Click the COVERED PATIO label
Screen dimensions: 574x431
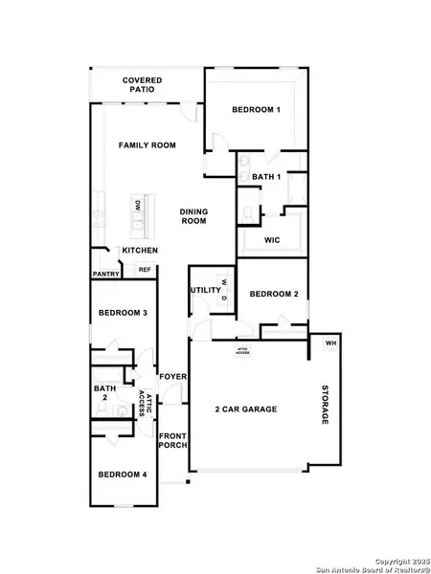pos(142,84)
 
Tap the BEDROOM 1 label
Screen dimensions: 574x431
pos(256,110)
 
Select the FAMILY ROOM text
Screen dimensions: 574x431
pos(147,145)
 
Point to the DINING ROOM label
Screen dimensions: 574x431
pos(194,216)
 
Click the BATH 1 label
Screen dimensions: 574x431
pos(266,177)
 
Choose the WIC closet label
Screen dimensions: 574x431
pos(271,240)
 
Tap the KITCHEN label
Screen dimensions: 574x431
pos(140,251)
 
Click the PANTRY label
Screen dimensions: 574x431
pos(105,274)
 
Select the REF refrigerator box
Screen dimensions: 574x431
pos(145,270)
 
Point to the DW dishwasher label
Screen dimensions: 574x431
pos(138,206)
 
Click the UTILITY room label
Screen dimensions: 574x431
pos(205,289)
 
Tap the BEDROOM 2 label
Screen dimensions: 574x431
pos(274,295)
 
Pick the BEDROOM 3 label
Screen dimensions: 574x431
pos(123,313)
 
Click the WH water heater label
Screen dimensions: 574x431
pos(330,342)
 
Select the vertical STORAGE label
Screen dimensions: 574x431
pos(324,406)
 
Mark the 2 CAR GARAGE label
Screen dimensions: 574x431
pos(246,408)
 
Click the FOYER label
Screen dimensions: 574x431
pos(172,376)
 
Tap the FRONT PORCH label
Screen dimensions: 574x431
pos(172,443)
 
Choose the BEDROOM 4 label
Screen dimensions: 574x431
pos(123,475)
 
